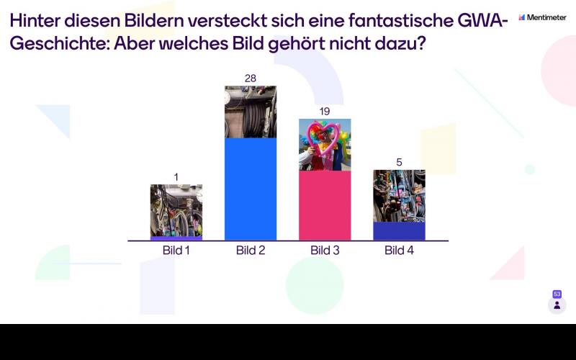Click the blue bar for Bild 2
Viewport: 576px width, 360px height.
click(250, 189)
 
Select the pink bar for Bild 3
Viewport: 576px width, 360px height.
click(325, 205)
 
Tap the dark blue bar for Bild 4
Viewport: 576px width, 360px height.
click(399, 230)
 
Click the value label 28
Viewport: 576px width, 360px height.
click(251, 78)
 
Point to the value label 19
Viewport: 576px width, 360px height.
click(325, 112)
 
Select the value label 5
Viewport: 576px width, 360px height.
click(399, 163)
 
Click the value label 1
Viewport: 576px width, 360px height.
click(176, 177)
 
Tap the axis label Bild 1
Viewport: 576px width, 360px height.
click(176, 251)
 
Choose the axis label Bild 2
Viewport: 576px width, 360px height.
click(251, 251)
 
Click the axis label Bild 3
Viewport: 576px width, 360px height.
click(325, 251)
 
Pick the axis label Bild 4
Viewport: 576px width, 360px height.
click(399, 251)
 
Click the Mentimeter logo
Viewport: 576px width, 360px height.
click(542, 17)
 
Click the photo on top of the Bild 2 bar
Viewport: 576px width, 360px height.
click(251, 112)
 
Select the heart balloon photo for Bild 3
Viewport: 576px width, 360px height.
click(325, 144)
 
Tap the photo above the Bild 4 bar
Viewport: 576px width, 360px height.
click(399, 195)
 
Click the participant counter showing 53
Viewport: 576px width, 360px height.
click(557, 302)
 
